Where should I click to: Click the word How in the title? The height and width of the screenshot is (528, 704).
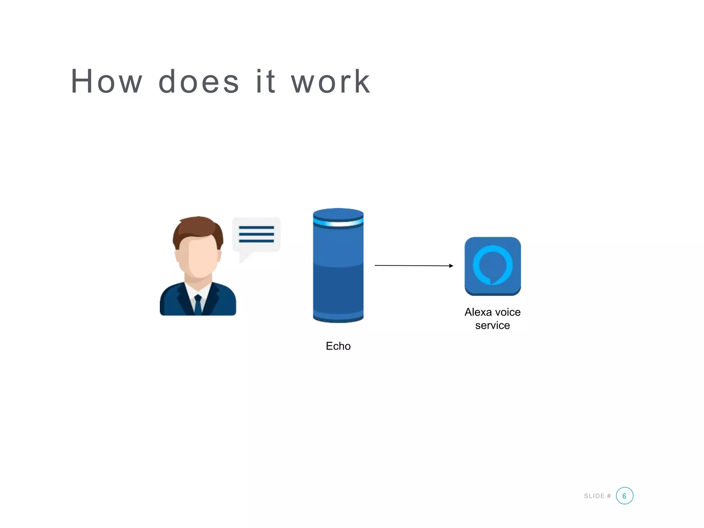(x=106, y=81)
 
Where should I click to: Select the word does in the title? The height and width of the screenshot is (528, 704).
(x=199, y=81)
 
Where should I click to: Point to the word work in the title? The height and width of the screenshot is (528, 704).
(x=331, y=81)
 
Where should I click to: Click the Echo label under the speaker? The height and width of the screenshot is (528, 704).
(x=338, y=346)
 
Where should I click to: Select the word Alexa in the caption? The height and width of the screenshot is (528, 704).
(x=478, y=312)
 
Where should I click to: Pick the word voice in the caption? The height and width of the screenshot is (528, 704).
(x=508, y=312)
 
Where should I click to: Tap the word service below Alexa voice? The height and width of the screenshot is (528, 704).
(x=492, y=325)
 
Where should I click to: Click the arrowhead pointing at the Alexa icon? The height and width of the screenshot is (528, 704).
(x=451, y=266)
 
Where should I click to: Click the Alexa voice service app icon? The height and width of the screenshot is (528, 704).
(x=493, y=266)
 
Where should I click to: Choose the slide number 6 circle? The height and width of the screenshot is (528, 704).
(x=624, y=496)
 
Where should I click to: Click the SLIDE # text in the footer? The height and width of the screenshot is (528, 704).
(x=597, y=496)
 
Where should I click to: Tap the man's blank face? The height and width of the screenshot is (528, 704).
(x=198, y=258)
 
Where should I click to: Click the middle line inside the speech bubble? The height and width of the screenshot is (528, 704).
(x=256, y=234)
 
